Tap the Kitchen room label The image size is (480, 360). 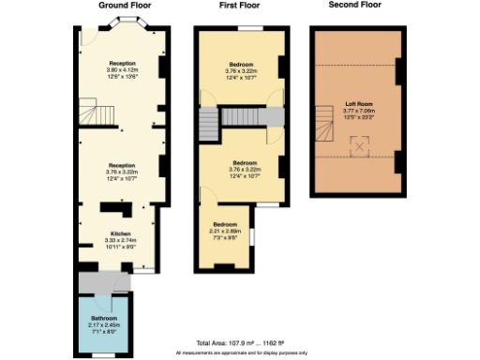(120, 233)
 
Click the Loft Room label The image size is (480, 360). (357, 103)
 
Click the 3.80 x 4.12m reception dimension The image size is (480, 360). (122, 71)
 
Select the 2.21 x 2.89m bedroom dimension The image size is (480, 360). (226, 231)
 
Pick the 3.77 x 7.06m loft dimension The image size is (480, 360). (357, 110)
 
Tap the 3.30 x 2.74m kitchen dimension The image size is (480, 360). (120, 240)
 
